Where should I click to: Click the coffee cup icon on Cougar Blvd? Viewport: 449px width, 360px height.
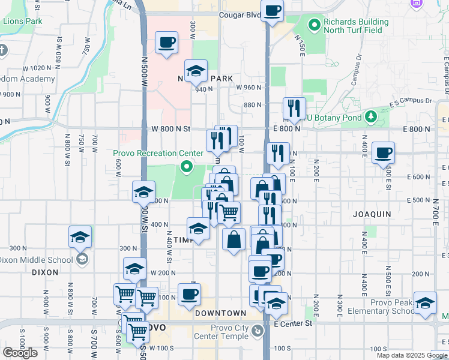273,11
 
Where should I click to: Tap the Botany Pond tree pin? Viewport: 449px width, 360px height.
371,115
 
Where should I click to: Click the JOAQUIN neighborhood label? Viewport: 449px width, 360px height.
372,214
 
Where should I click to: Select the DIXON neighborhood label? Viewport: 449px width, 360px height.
45,272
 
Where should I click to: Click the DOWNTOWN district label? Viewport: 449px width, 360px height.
220,313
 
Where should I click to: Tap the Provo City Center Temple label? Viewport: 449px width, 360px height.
221,332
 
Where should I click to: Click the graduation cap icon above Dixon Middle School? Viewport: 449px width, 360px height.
80,238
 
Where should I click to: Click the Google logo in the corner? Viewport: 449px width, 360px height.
20,353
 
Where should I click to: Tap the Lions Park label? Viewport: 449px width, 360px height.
22,21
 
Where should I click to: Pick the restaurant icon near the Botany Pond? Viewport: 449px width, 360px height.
294,109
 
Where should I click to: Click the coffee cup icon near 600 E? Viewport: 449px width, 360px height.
383,153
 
